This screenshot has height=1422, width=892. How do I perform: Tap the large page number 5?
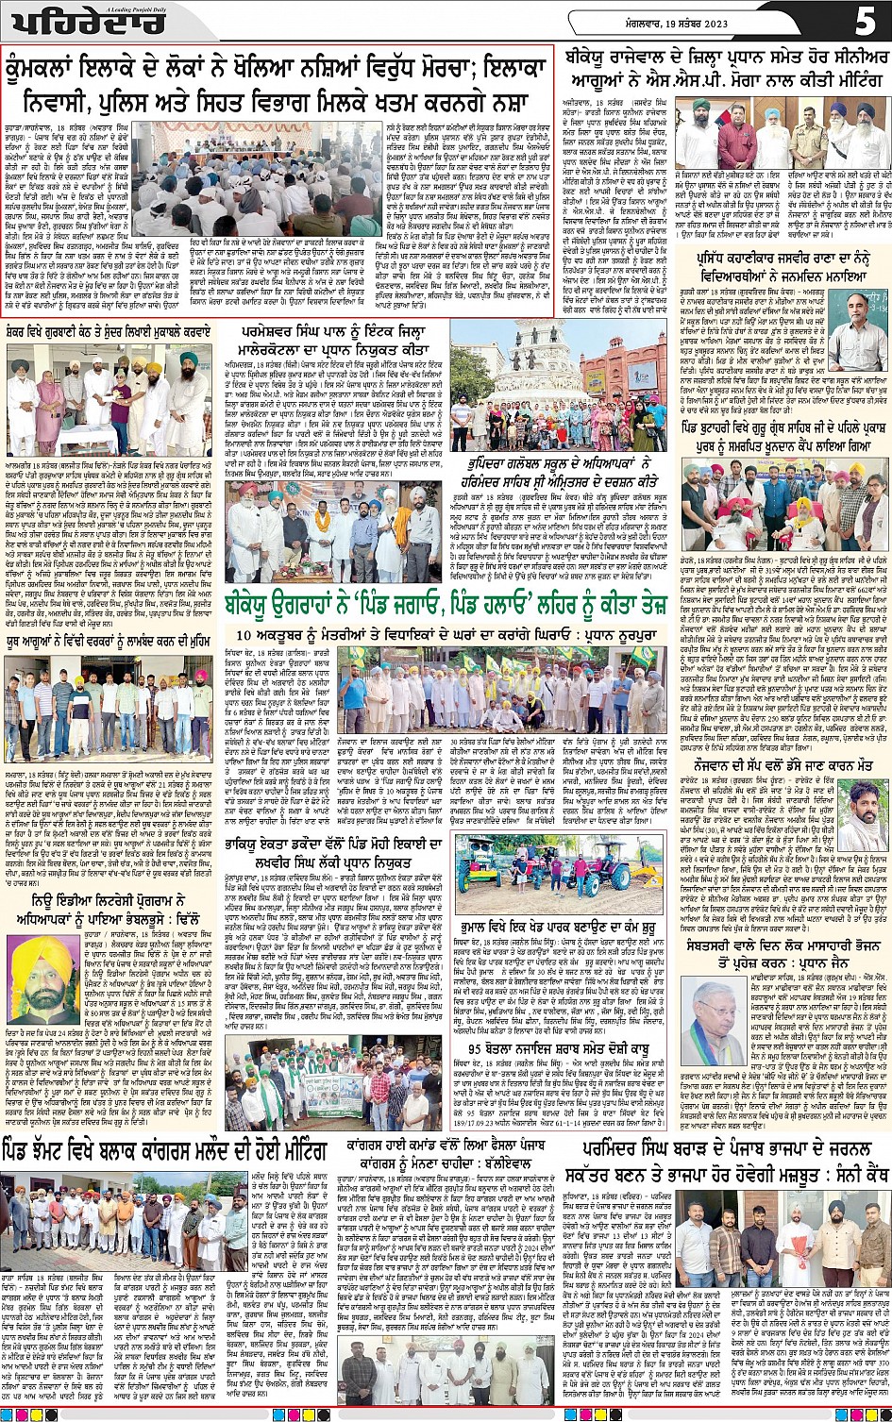click(x=865, y=19)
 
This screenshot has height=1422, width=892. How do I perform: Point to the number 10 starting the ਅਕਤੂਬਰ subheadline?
click(x=243, y=635)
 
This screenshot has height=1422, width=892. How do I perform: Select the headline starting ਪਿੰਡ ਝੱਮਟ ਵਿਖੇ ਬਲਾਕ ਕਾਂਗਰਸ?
click(x=164, y=1151)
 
